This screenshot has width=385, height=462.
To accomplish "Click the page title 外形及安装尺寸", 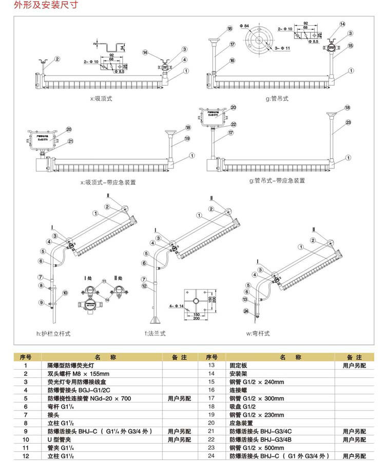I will click(34, 6).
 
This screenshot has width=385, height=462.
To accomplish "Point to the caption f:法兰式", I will click(155, 334).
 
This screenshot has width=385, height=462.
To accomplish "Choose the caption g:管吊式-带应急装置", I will click(277, 181).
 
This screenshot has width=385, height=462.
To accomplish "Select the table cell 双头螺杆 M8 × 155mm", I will click(75, 374).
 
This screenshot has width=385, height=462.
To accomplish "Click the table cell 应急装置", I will click(240, 422).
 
